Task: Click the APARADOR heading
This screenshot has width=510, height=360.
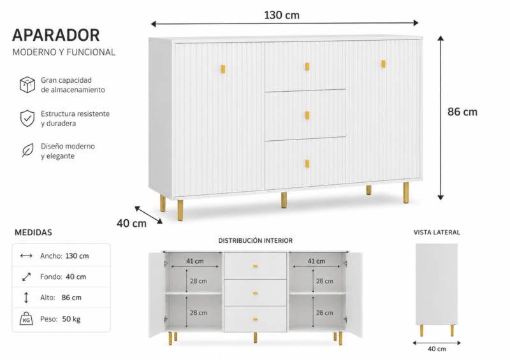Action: (x=56, y=35)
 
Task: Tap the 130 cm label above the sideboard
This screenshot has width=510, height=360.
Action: (x=282, y=15)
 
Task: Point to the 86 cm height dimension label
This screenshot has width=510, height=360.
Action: (x=462, y=112)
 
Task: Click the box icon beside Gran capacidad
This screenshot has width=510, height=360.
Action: (x=27, y=85)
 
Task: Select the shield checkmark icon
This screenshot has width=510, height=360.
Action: (x=27, y=118)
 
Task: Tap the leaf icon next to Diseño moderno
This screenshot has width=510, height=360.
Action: (x=27, y=150)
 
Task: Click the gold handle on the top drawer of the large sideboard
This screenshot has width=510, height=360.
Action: (x=307, y=67)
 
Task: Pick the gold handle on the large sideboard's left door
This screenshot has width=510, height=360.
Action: (x=223, y=69)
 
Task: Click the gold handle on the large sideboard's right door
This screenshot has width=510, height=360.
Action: (x=384, y=64)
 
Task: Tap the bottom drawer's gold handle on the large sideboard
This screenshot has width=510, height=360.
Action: (x=307, y=164)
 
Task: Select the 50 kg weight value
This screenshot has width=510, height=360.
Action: (x=71, y=319)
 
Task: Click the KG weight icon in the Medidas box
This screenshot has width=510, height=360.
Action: (x=26, y=319)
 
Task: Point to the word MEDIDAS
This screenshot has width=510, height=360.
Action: (x=33, y=233)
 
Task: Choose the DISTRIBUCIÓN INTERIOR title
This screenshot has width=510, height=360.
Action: (x=256, y=241)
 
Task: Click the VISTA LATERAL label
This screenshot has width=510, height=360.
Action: (x=437, y=233)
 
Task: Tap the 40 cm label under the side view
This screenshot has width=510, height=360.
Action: (x=437, y=349)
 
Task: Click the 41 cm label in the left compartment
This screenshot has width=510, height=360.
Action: (x=195, y=261)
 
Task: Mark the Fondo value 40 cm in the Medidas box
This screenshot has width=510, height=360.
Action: (x=76, y=277)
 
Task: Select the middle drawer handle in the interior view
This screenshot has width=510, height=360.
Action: (x=256, y=293)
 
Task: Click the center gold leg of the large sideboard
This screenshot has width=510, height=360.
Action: (x=284, y=200)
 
